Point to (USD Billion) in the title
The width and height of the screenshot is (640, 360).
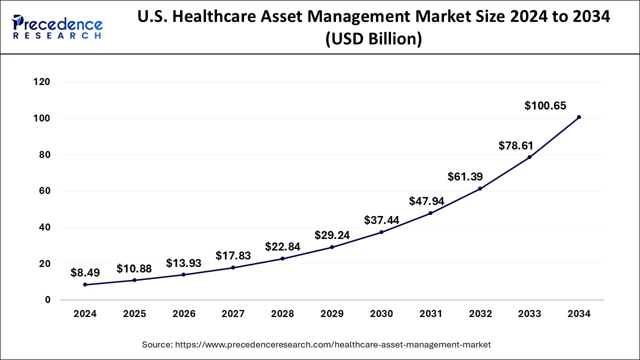373,38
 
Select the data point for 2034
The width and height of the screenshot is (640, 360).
579,117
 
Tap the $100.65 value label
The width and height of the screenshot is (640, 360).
545,105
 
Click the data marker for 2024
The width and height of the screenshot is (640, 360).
85,284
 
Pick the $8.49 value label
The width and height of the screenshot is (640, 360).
85,272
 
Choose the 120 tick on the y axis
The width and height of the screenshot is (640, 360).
42,82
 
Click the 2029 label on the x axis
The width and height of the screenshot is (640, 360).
332,314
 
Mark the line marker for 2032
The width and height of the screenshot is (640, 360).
480,188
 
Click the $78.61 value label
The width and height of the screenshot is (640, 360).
516,145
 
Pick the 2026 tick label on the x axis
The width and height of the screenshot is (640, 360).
184,314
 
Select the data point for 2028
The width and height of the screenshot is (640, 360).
282,258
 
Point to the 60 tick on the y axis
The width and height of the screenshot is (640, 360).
45,191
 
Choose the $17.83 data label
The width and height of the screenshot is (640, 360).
233,255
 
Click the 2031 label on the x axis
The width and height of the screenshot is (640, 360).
430,314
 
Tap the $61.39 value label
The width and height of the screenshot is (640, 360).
465,176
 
